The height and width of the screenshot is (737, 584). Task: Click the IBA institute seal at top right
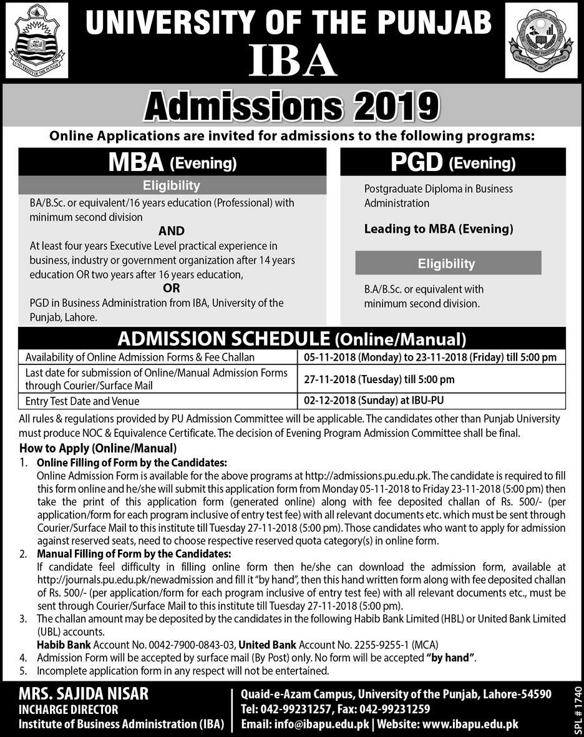[541, 40]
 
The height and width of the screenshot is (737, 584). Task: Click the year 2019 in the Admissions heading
[390, 107]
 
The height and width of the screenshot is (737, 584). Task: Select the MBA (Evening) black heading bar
[172, 162]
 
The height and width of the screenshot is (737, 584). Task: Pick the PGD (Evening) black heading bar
[453, 162]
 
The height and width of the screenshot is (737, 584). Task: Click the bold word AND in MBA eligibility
[171, 232]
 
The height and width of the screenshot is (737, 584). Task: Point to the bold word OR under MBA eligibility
[171, 288]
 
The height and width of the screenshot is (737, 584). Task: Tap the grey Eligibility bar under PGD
[447, 263]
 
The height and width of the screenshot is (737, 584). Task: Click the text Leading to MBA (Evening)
[439, 229]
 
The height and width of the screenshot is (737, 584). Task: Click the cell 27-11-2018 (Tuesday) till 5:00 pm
[379, 379]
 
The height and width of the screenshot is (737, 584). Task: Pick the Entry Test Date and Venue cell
[82, 401]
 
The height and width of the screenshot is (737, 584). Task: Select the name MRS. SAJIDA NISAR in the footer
[83, 695]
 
